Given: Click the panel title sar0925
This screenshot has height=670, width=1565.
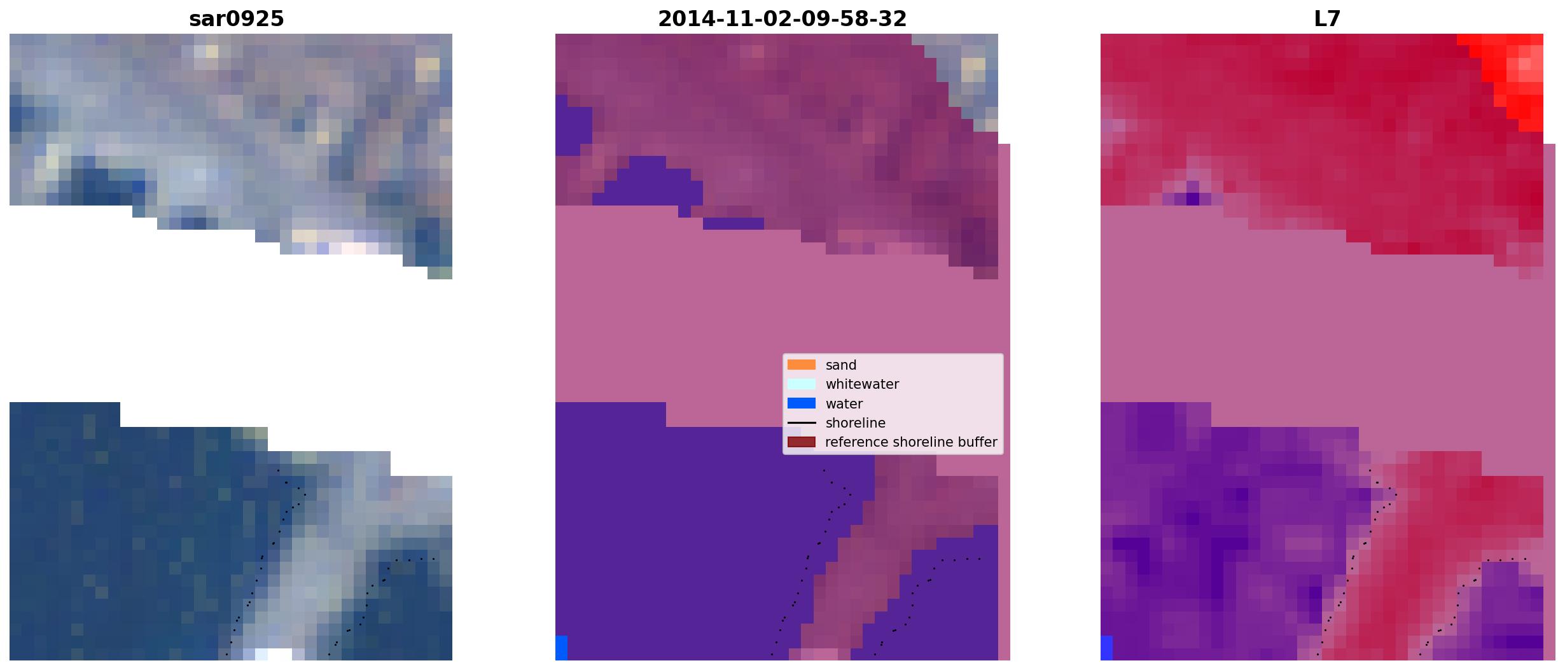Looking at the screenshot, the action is click(237, 19).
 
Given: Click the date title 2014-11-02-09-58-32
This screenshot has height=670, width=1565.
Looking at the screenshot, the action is click(782, 19).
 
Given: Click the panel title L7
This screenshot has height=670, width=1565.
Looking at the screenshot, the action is click(1327, 19).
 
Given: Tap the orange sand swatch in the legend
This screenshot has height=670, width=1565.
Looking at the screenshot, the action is click(802, 365).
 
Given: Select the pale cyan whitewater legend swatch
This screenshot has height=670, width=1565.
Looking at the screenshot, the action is click(802, 384).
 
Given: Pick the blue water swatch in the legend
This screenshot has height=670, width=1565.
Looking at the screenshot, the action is click(802, 403).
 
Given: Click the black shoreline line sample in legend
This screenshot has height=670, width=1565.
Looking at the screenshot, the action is click(802, 423).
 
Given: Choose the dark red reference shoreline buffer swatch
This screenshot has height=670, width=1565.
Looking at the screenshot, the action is click(802, 442).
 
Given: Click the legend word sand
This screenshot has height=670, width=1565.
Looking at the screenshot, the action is click(841, 365).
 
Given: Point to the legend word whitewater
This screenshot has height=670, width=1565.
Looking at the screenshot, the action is click(862, 384).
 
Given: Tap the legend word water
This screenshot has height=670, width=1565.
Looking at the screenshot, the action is click(844, 404).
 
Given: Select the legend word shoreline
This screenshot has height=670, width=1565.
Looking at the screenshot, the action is click(856, 423).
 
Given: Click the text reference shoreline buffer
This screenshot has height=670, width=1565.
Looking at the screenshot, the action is click(911, 442).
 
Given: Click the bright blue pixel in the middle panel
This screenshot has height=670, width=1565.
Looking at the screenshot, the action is click(561, 648).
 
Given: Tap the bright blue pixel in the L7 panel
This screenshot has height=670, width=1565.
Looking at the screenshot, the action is click(1107, 648).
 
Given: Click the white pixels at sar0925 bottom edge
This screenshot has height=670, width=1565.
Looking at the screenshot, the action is click(273, 654).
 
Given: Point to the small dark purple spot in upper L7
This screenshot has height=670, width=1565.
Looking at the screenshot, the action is click(1193, 199).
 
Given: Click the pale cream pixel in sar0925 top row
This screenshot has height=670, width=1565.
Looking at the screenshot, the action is click(212, 52).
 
